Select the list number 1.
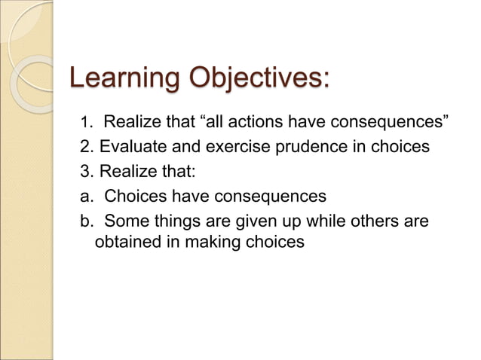tap(85, 122)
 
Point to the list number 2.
tap(85, 147)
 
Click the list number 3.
tap(85, 172)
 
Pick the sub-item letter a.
tap(84, 197)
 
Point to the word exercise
tap(234, 147)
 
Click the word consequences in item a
tap(270, 197)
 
